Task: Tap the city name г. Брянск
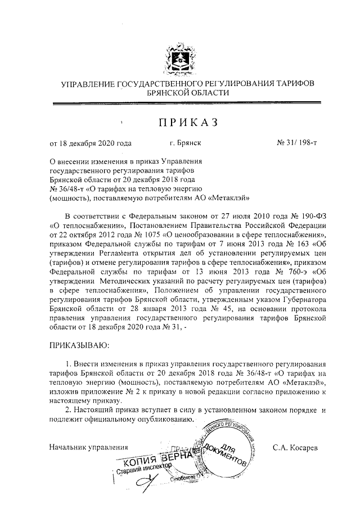[185, 144]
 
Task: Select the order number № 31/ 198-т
[297, 144]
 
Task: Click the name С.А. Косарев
[295, 448]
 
